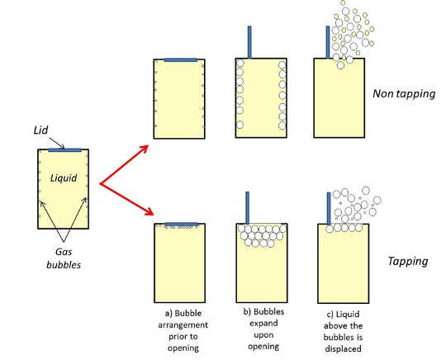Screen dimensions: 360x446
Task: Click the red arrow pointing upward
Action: [x=124, y=164]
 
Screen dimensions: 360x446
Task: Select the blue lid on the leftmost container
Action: [x=66, y=149]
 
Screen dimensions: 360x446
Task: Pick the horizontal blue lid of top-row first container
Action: [x=181, y=59]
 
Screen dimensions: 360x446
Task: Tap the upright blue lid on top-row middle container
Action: [x=249, y=42]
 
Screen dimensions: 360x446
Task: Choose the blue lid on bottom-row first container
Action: [x=180, y=224]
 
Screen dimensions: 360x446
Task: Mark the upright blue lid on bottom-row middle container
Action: [x=247, y=207]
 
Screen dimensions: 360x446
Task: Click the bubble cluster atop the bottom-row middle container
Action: [x=262, y=235]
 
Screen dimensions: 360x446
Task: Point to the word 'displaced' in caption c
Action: [x=341, y=347]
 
